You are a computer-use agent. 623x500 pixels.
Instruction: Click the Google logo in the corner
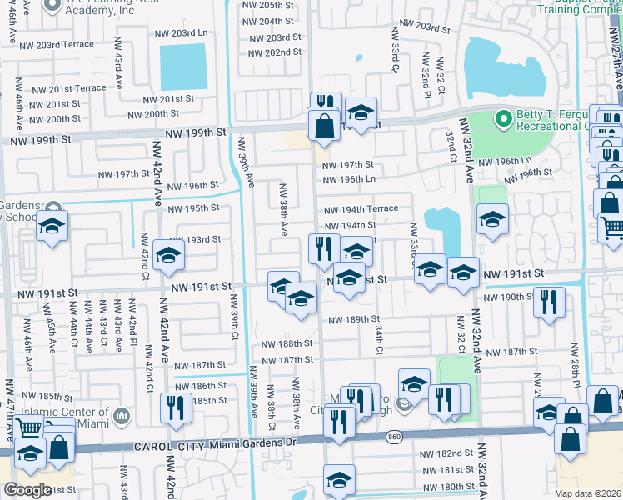(27, 489)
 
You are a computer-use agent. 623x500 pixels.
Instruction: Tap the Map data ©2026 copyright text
(587, 493)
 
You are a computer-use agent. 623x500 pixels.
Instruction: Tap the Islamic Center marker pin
(122, 414)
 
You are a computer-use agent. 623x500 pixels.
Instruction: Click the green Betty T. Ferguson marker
(503, 120)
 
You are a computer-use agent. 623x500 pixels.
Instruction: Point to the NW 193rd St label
(193, 240)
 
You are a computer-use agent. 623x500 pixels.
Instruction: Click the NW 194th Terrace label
(361, 208)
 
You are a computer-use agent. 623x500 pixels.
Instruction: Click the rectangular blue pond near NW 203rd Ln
(182, 67)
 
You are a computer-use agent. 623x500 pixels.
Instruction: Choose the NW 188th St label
(287, 343)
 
